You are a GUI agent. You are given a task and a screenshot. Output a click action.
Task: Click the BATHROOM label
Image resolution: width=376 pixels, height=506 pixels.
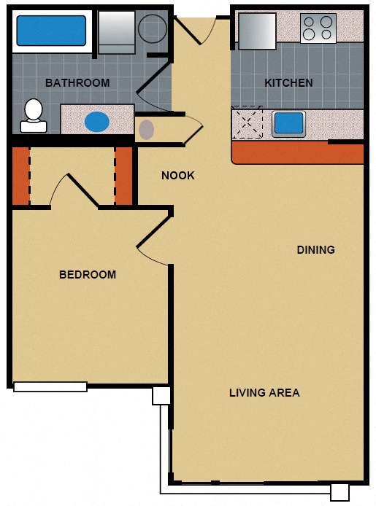pyautogui.click(x=77, y=83)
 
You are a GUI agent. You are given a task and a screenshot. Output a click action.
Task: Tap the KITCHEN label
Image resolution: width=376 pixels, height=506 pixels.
pyautogui.click(x=288, y=83)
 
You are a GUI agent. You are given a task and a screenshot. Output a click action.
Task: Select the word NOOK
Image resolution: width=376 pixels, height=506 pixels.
pyautogui.click(x=178, y=176)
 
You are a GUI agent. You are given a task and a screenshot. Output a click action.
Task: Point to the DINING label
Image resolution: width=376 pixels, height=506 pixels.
pyautogui.click(x=315, y=250)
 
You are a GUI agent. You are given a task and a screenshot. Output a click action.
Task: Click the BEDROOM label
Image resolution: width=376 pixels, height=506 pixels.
pyautogui.click(x=88, y=275)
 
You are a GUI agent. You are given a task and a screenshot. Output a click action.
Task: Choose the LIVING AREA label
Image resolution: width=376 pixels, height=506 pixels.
pyautogui.click(x=264, y=393)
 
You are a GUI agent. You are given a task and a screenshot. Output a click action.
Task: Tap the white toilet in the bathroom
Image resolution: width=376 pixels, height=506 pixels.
pyautogui.click(x=33, y=115)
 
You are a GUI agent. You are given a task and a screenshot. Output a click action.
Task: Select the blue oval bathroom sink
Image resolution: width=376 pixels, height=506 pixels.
pyautogui.click(x=96, y=121)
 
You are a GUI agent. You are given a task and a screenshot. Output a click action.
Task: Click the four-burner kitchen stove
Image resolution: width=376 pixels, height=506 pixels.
pyautogui.click(x=318, y=28)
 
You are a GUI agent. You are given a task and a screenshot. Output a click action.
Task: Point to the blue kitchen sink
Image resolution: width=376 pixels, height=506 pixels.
pyautogui.click(x=288, y=123)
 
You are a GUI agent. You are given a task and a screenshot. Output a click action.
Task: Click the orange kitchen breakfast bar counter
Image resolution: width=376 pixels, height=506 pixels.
pyautogui.click(x=297, y=153)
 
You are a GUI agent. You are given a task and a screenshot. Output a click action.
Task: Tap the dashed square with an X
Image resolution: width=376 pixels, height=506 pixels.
pyautogui.click(x=247, y=122)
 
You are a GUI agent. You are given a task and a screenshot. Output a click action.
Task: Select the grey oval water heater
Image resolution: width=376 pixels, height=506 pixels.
pyautogui.click(x=147, y=130)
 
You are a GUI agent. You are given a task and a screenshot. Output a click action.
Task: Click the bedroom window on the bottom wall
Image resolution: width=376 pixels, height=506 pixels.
pyautogui.click(x=50, y=386)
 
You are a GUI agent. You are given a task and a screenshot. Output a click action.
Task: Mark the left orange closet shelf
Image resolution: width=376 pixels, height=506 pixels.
pyautogui.click(x=20, y=176)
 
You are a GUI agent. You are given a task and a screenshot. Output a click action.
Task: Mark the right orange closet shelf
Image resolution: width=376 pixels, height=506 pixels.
pyautogui.click(x=124, y=176)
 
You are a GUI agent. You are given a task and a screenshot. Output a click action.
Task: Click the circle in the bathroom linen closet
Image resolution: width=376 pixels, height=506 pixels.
pyautogui.click(x=153, y=28)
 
